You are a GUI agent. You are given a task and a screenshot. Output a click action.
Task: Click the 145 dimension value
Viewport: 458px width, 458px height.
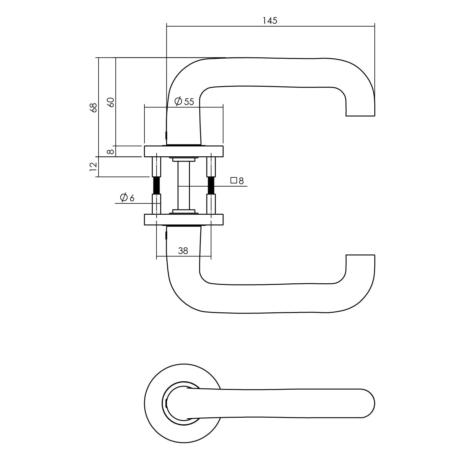(x=270, y=21)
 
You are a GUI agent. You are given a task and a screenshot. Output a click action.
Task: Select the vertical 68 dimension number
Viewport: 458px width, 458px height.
(x=94, y=107)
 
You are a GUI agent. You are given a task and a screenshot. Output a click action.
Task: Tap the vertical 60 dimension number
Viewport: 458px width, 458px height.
(x=111, y=102)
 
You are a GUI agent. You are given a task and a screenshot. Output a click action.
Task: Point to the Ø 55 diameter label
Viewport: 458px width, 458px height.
(x=184, y=101)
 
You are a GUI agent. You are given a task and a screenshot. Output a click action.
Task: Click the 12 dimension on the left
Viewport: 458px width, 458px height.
(x=94, y=166)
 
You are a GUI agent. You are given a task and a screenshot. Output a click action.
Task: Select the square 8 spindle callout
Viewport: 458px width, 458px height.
(x=237, y=181)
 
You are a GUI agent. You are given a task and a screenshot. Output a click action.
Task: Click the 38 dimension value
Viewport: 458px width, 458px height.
(x=183, y=251)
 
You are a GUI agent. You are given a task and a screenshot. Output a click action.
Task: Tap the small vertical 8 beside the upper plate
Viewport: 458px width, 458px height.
(x=111, y=151)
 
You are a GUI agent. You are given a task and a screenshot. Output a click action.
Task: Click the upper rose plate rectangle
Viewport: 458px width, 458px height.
(x=184, y=151)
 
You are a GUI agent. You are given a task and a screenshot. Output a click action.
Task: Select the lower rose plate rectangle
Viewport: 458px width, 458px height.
(x=184, y=220)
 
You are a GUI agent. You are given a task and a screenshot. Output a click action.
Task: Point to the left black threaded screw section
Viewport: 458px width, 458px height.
(x=156, y=185)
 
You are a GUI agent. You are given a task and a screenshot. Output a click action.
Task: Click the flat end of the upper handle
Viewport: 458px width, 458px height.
(x=360, y=116)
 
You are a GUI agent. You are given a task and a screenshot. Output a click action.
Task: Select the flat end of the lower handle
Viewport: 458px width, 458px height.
(x=360, y=255)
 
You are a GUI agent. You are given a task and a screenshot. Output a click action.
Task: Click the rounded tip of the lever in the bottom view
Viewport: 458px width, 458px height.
(x=373, y=403)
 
